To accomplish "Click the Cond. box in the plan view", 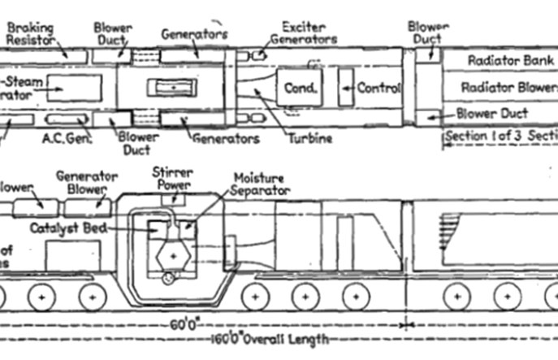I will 300,88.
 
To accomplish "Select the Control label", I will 380,88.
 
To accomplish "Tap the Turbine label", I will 310,138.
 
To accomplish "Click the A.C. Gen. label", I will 67,138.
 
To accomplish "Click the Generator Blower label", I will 86,183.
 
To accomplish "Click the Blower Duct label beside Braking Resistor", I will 112,33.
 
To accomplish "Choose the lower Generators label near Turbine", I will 225,138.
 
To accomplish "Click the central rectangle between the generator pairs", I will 171,88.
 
